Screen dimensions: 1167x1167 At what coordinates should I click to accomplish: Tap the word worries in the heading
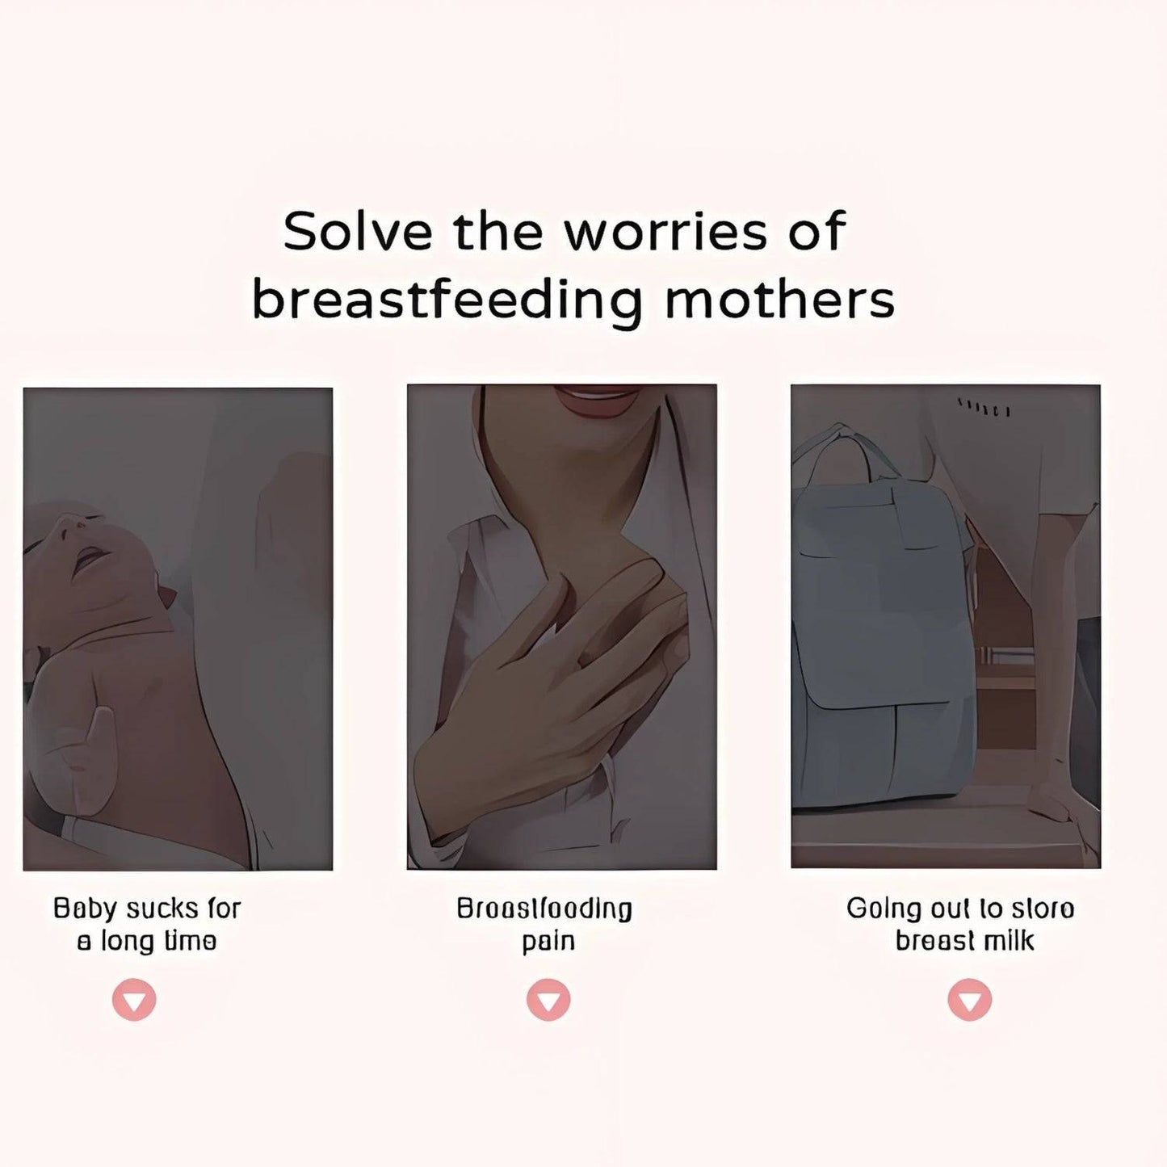tap(665, 232)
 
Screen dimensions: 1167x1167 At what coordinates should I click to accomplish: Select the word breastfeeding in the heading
tap(447, 300)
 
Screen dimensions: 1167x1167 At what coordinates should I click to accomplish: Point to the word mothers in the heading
tap(779, 300)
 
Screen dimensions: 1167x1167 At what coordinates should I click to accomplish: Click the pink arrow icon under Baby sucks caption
tap(134, 1000)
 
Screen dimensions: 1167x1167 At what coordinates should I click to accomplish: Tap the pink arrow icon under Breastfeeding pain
tap(548, 1000)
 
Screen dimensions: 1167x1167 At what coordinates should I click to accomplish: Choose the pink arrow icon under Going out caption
tap(969, 1000)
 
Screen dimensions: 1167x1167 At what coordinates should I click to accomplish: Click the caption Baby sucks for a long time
tap(147, 925)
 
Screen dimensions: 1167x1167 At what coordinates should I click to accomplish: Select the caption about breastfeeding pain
tap(545, 925)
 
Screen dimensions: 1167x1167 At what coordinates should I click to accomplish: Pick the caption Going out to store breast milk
tap(961, 925)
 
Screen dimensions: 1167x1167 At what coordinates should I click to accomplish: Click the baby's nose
tap(68, 525)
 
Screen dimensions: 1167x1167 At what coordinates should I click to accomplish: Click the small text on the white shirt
tap(984, 406)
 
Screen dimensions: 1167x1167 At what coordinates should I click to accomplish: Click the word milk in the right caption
tap(1013, 942)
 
